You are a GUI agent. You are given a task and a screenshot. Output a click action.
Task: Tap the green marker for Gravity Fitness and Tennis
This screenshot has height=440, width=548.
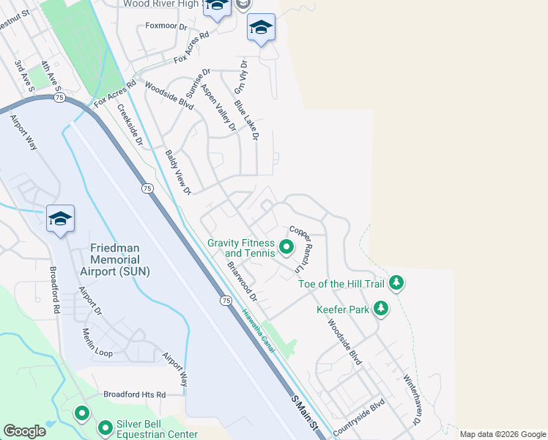[286, 249]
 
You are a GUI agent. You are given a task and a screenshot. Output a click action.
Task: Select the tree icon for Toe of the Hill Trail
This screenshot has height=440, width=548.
[396, 282]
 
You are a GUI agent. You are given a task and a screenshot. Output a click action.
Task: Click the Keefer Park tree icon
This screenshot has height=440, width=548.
[380, 309]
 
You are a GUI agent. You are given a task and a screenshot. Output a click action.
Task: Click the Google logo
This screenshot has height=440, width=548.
[24, 431]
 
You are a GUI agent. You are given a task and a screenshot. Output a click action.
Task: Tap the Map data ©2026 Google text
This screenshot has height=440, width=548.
[503, 434]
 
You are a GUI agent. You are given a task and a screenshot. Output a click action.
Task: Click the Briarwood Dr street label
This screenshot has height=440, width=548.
[242, 282]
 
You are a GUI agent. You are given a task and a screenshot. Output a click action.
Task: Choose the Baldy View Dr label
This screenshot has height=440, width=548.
[177, 173]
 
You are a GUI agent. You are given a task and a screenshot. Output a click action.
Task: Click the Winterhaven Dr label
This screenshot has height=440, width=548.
[412, 400]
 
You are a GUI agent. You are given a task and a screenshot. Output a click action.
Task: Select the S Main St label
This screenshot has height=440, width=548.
[306, 414]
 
